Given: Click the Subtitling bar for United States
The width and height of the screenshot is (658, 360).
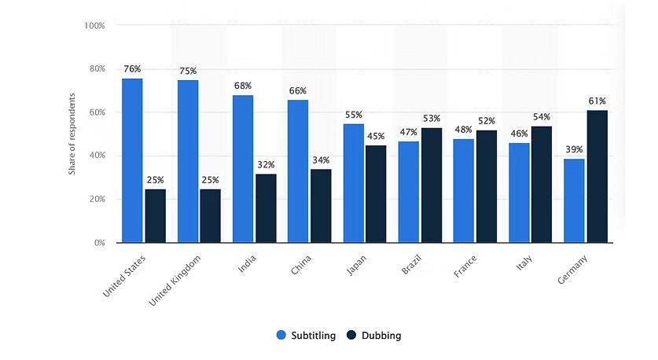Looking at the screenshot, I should [132, 160].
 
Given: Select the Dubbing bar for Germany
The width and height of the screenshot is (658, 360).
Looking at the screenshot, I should [597, 176].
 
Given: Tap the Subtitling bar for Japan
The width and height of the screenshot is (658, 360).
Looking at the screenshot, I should [353, 183].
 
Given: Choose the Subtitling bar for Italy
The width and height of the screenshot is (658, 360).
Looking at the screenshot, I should [519, 193].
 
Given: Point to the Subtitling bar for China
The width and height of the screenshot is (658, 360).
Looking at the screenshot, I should [298, 171].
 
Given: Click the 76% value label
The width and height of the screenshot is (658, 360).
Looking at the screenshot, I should [132, 68].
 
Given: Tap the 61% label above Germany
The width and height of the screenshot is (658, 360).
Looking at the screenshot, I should [597, 101].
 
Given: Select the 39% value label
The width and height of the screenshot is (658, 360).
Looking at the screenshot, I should [575, 149].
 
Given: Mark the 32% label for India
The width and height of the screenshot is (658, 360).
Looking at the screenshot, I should [266, 164].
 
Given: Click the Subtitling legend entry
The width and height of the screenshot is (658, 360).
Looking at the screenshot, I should [306, 336].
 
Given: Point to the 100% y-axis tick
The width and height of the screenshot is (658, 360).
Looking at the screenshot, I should [94, 26].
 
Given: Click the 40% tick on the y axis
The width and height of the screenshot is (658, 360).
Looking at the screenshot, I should [96, 156].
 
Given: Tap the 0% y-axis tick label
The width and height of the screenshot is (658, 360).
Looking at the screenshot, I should [99, 243].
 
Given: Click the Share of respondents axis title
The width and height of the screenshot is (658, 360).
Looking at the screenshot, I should [72, 134].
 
